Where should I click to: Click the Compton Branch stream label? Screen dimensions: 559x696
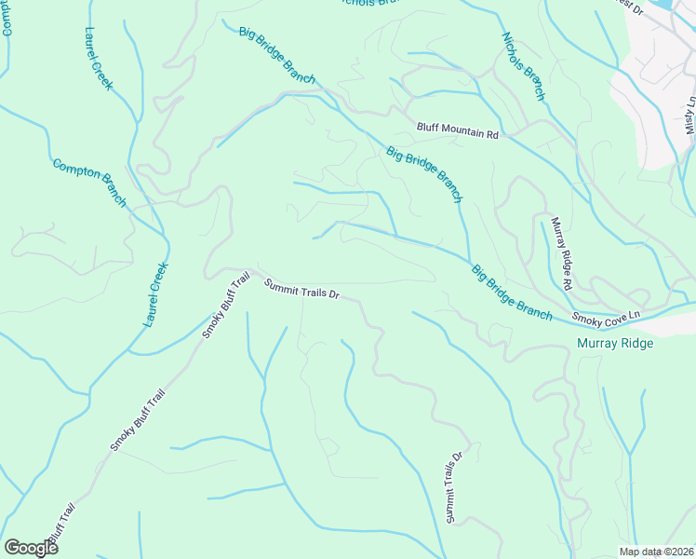(88, 183)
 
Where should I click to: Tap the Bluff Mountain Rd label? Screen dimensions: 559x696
(458, 133)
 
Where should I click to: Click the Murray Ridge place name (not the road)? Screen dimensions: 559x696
(615, 344)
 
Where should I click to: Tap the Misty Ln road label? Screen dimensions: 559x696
(689, 116)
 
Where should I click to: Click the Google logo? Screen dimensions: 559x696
(31, 548)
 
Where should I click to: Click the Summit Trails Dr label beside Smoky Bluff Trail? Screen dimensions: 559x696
(301, 290)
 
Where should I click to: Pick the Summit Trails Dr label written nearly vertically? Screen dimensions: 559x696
(453, 487)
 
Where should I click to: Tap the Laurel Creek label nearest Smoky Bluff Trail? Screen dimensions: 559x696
(156, 293)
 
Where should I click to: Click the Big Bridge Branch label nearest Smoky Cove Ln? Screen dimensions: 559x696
(511, 293)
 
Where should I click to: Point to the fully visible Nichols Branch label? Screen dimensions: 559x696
(523, 66)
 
